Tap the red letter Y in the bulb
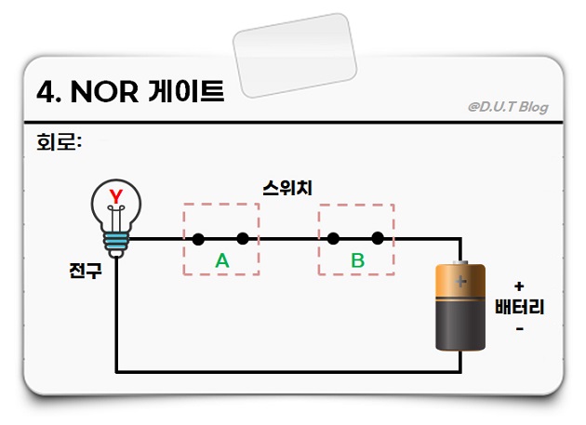click(x=116, y=196)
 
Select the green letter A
click(x=222, y=260)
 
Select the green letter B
click(x=357, y=260)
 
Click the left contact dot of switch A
click(x=198, y=239)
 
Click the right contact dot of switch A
click(x=243, y=239)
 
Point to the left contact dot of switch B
click(x=333, y=239)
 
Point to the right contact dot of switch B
click(x=378, y=239)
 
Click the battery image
click(x=461, y=307)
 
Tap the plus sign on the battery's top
click(x=461, y=279)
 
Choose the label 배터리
click(x=519, y=307)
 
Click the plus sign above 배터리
click(x=519, y=286)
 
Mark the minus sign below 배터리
click(x=519, y=328)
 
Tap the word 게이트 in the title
click(x=186, y=91)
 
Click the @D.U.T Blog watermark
click(x=508, y=106)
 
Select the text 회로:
click(x=57, y=143)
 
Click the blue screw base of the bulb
click(x=116, y=244)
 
